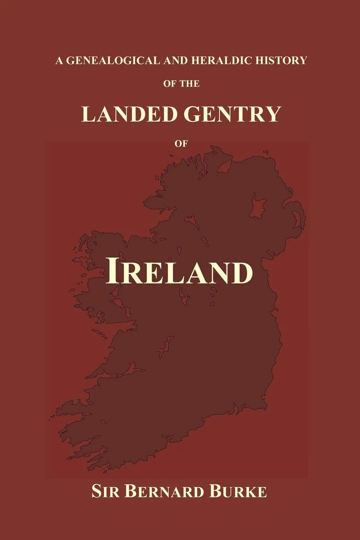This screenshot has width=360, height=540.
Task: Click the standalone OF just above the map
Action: click(181, 145)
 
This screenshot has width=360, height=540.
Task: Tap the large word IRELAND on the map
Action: click(179, 272)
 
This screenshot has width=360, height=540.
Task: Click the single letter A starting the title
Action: click(60, 60)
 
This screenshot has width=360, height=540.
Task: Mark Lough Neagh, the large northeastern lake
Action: click(258, 206)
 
